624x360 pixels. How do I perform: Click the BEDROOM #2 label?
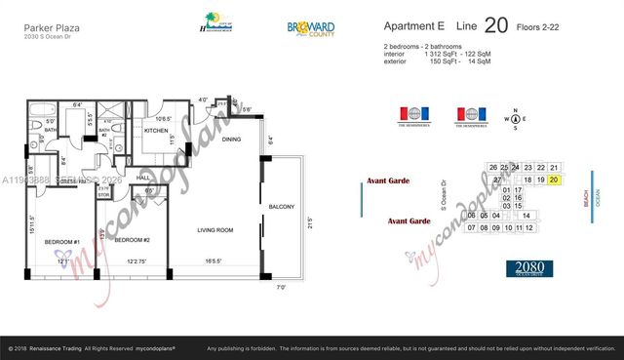click(x=131, y=239)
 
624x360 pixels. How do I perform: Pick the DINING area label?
click(x=232, y=139)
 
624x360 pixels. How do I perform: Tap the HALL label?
click(x=143, y=178)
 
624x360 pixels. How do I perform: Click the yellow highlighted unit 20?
click(x=554, y=180)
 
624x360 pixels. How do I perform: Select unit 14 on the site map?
click(x=526, y=216)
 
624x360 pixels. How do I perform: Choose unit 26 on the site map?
click(x=493, y=168)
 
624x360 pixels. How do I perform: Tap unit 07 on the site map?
click(x=472, y=228)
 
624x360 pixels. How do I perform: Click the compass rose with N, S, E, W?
click(x=515, y=121)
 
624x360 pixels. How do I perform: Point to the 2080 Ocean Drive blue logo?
click(x=529, y=268)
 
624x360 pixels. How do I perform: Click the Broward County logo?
click(x=313, y=30)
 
